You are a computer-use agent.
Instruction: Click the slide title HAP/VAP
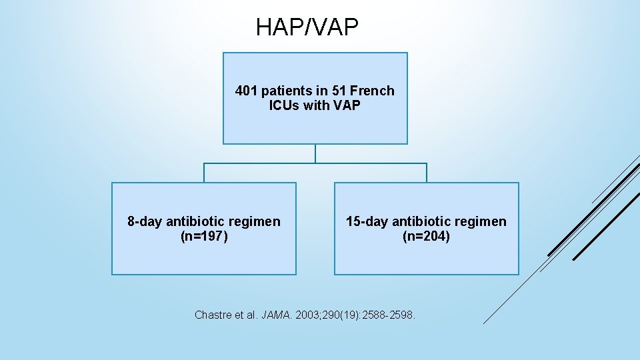[307, 27]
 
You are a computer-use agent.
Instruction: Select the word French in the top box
[373, 91]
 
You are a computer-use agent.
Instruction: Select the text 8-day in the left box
[145, 221]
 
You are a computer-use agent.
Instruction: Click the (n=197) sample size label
[204, 236]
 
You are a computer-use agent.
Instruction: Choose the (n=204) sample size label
[426, 236]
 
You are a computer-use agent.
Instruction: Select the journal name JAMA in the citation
[273, 315]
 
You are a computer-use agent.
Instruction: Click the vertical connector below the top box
[315, 153]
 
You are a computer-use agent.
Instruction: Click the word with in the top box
[317, 105]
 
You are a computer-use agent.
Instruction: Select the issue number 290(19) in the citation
[338, 315]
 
